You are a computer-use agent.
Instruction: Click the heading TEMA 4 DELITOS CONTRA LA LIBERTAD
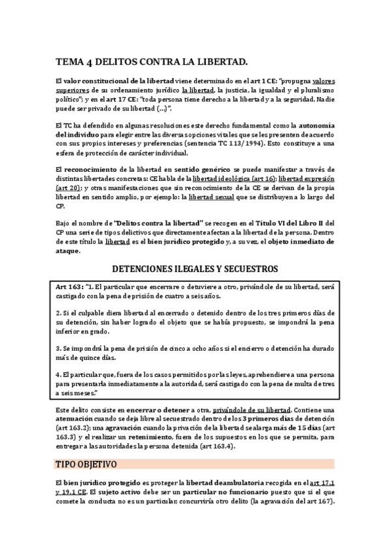click(151, 62)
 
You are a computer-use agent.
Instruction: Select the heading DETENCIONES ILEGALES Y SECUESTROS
click(195, 268)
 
